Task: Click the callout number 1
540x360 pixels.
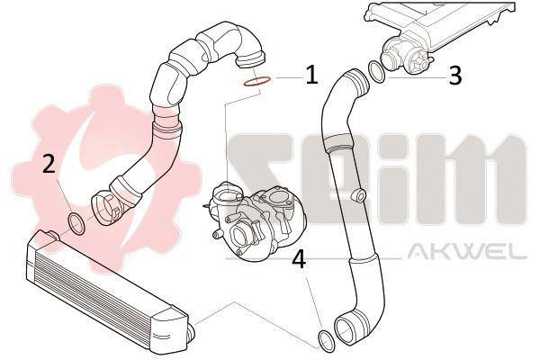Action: click(x=311, y=76)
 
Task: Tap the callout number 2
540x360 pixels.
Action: click(x=49, y=164)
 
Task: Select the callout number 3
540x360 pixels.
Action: click(x=455, y=76)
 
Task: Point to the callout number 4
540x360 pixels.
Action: click(x=299, y=259)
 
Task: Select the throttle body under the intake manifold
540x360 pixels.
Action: click(x=407, y=56)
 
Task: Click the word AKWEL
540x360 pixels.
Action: click(x=466, y=252)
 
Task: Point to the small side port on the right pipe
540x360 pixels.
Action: click(x=358, y=195)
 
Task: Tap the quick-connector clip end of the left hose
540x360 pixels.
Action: click(x=107, y=209)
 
